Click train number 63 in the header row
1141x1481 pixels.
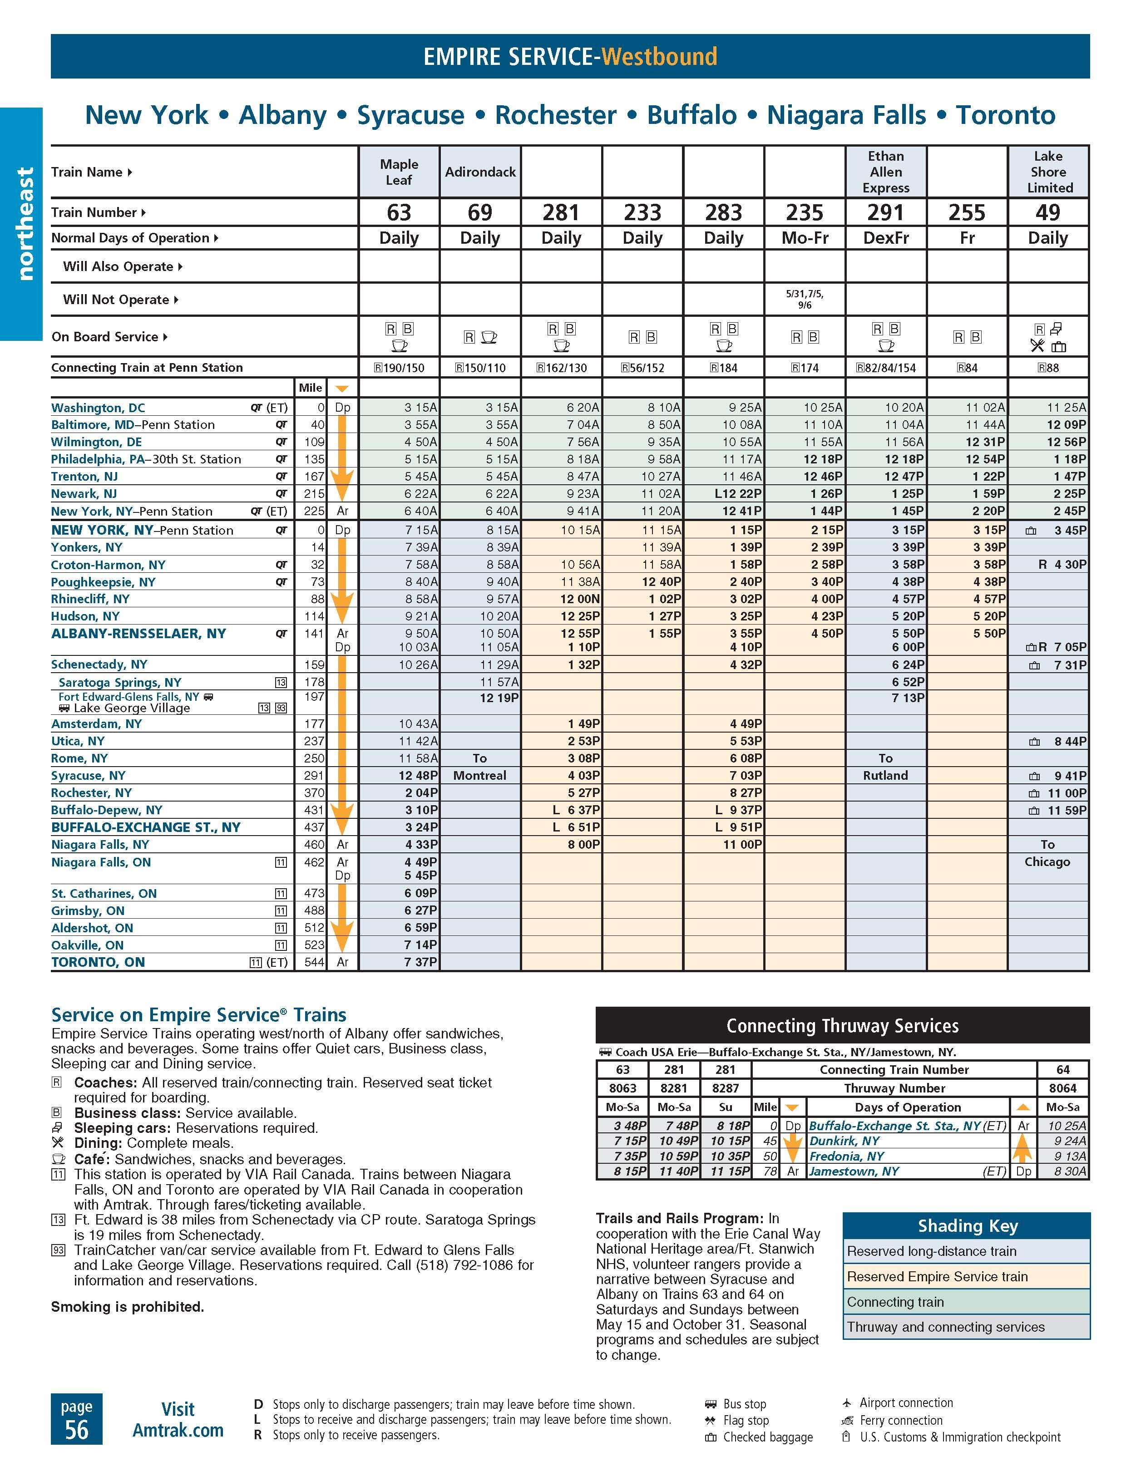(x=399, y=212)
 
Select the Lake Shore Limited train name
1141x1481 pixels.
(x=1048, y=172)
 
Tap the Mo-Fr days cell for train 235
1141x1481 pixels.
(x=805, y=238)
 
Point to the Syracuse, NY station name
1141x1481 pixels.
(x=88, y=776)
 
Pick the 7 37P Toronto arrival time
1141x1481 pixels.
(x=420, y=962)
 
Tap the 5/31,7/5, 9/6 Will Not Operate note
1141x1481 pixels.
(x=805, y=299)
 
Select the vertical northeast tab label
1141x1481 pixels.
(x=25, y=224)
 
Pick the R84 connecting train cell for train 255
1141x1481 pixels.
(x=967, y=368)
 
